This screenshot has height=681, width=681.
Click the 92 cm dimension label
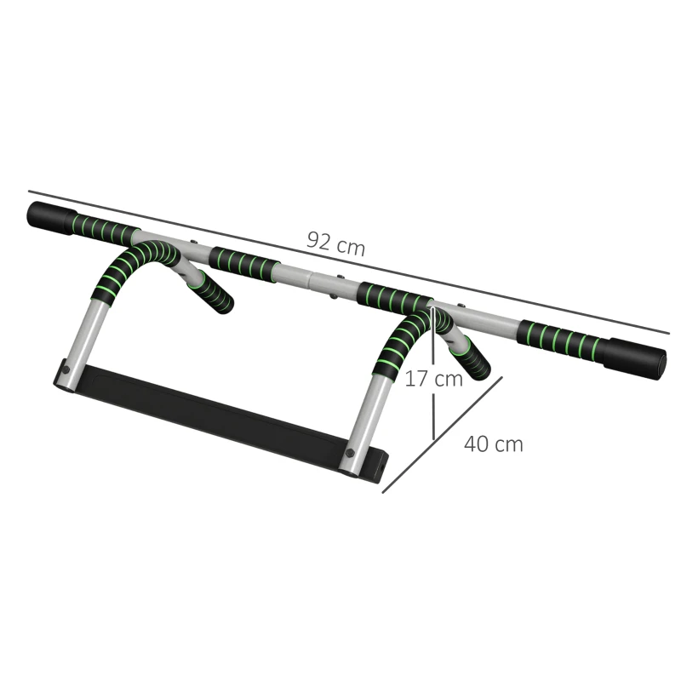click(335, 243)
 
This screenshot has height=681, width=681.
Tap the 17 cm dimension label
click(433, 379)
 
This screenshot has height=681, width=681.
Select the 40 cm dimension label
click(494, 444)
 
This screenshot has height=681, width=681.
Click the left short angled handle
click(210, 292)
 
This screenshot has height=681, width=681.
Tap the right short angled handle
click(472, 358)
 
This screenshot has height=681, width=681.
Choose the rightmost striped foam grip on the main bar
click(558, 340)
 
